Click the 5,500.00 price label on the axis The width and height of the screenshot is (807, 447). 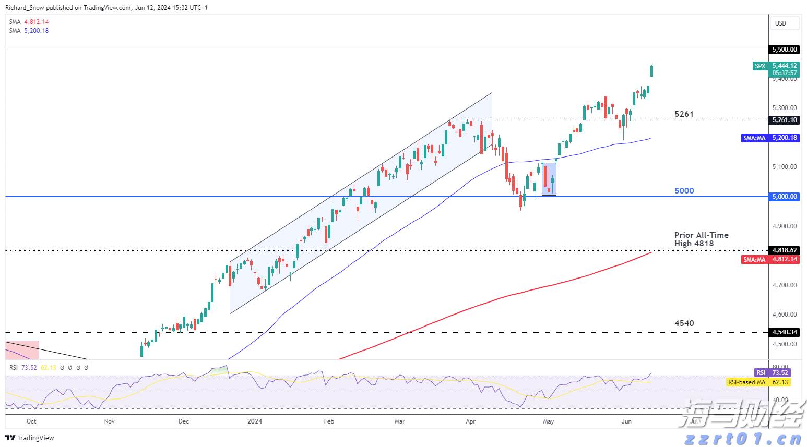tap(785, 50)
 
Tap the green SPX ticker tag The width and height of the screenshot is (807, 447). tap(760, 66)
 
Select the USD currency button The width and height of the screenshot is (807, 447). tap(781, 23)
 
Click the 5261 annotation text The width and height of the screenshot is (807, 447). tap(684, 114)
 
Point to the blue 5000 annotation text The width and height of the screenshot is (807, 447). tap(684, 191)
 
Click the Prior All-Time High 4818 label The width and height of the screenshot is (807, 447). tap(701, 239)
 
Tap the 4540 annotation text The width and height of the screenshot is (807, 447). tap(684, 323)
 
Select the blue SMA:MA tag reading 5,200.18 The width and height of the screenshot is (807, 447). tap(754, 138)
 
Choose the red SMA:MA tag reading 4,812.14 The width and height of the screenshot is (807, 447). tap(754, 259)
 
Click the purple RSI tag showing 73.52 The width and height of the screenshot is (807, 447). tap(761, 373)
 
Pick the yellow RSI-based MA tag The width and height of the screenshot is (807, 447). tap(746, 382)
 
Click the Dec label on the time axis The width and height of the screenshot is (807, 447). tap(184, 421)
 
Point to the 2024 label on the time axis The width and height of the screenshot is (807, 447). tap(255, 421)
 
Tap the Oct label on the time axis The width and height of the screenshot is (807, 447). tap(31, 421)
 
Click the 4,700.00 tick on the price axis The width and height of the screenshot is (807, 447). tap(785, 285)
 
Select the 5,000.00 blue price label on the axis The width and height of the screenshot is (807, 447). tap(785, 197)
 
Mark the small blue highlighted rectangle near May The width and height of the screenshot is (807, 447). tap(549, 179)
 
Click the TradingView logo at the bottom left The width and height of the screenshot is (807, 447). tap(30, 438)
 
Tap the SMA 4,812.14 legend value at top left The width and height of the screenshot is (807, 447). tap(37, 22)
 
